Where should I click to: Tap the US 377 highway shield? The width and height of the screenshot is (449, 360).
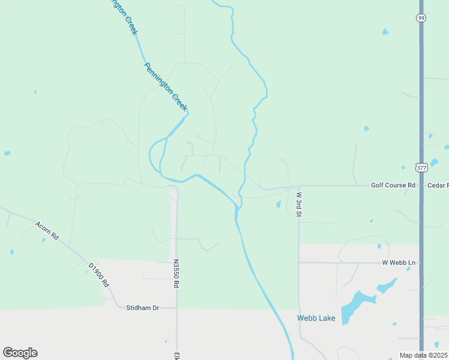click(x=421, y=169)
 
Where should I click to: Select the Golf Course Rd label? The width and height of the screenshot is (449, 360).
click(x=393, y=185)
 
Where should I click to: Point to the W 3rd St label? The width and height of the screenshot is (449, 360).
click(x=299, y=203)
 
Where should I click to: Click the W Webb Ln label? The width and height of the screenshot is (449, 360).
click(x=399, y=263)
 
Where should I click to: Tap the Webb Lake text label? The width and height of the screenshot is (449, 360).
click(x=316, y=318)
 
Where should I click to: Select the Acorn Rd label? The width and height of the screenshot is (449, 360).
click(x=47, y=230)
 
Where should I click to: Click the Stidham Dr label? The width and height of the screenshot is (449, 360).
click(x=142, y=308)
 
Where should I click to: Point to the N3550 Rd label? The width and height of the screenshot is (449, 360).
click(x=176, y=274)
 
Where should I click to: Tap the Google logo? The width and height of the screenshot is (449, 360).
click(x=20, y=353)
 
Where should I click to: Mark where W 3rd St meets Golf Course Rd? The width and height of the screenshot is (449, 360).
click(x=298, y=186)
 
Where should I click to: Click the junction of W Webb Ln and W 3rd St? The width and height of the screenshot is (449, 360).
click(x=298, y=262)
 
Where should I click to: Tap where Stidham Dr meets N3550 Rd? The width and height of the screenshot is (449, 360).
click(x=176, y=308)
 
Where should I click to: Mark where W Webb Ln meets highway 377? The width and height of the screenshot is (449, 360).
click(x=421, y=262)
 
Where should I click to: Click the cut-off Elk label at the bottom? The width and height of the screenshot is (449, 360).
click(x=178, y=355)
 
